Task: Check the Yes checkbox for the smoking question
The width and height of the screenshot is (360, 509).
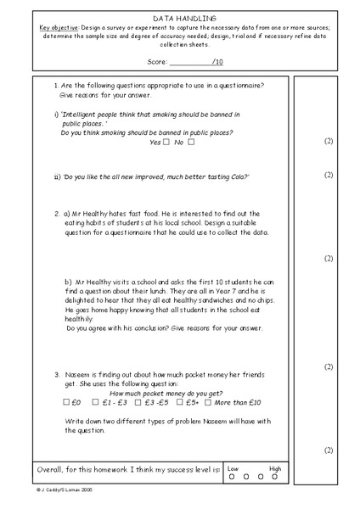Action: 167,142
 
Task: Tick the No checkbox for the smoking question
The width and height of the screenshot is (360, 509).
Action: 191,142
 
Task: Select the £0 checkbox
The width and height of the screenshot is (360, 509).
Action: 66,402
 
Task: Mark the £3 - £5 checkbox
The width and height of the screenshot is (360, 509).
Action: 138,402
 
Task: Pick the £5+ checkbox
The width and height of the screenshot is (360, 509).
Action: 180,402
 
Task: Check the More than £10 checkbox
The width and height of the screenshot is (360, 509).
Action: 214,402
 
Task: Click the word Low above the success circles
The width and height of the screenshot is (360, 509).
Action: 233,467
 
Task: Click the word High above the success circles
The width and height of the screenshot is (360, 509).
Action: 276,467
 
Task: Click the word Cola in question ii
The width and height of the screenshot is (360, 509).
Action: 237,176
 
